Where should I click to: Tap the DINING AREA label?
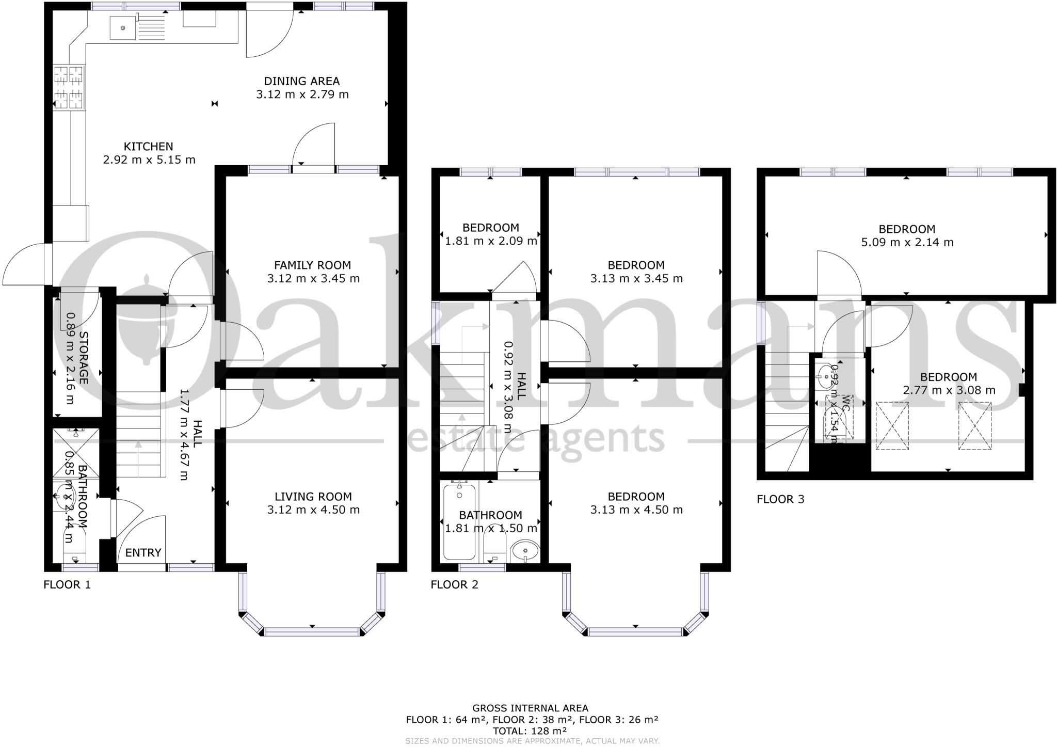tap(302, 81)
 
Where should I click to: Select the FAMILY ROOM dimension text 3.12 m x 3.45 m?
tap(313, 279)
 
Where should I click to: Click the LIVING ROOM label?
tap(313, 497)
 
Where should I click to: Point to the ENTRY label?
tap(143, 553)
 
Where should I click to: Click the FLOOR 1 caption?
tap(67, 585)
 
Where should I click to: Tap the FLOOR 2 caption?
tap(454, 585)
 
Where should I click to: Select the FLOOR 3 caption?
tap(780, 499)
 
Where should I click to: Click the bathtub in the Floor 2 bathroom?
tap(459, 522)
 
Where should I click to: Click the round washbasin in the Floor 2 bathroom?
tap(525, 551)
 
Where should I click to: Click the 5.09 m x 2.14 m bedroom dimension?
tap(907, 242)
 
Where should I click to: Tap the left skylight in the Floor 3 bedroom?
tap(892, 426)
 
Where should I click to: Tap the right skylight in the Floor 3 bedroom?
tap(975, 426)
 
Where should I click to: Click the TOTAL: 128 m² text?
tap(530, 731)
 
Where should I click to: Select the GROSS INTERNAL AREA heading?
tap(530, 708)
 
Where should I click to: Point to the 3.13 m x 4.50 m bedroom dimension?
tap(636, 510)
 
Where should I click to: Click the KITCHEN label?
tap(148, 147)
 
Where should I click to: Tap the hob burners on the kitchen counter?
tap(69, 87)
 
